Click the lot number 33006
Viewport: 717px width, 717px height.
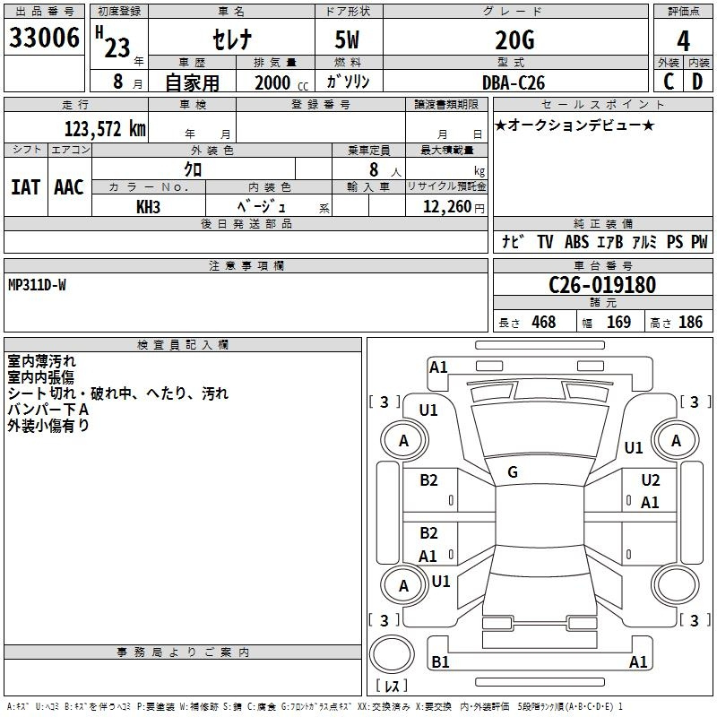44,38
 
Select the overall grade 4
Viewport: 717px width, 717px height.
683,41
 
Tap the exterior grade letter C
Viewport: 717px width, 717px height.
669,82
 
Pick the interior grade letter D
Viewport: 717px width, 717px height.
697,82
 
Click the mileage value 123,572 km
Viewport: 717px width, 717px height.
105,129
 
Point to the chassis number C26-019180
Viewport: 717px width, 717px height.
602,285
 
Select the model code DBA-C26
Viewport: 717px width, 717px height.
514,82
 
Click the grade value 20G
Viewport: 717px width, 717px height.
514,40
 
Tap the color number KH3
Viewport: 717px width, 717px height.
148,207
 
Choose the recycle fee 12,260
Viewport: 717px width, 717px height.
447,207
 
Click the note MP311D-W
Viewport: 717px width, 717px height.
37,285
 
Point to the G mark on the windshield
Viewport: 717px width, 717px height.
513,472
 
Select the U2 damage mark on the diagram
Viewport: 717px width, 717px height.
651,480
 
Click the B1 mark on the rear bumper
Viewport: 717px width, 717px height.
440,661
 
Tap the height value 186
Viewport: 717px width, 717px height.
690,322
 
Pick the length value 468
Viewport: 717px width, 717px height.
544,322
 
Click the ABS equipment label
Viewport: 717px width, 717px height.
576,242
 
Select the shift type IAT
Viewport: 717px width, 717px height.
26,187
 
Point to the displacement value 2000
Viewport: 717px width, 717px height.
272,82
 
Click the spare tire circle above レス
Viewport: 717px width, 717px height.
392,654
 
